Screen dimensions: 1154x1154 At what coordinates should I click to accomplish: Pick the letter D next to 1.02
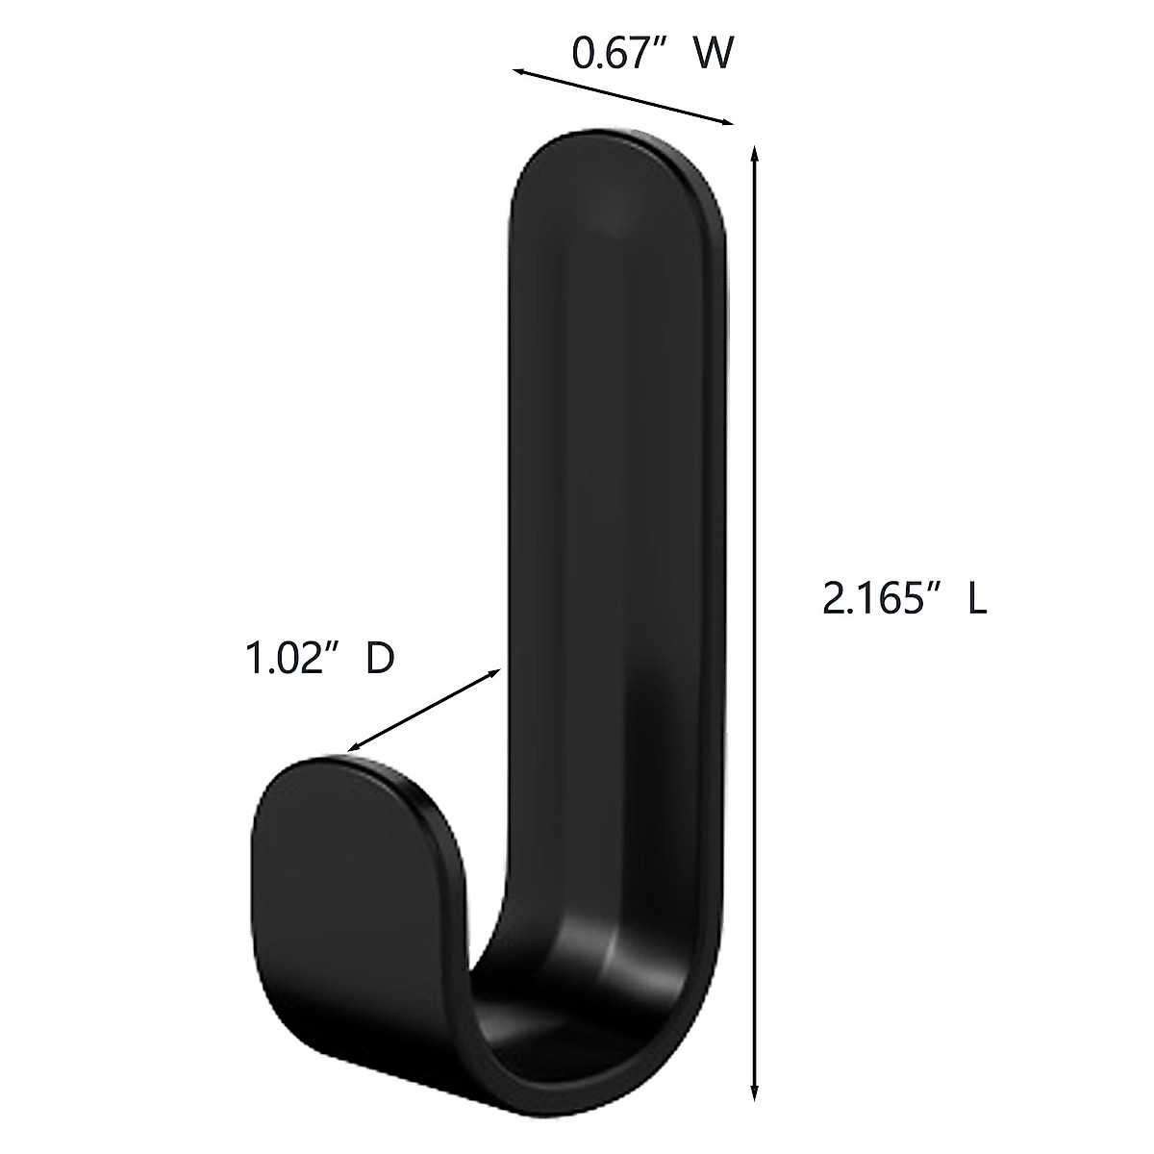[x=381, y=661]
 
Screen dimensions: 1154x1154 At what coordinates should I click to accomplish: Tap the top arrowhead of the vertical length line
[x=755, y=153]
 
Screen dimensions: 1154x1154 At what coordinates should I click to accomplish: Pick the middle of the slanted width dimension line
[x=623, y=96]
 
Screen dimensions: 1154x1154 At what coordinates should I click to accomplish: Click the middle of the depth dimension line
[x=425, y=710]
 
